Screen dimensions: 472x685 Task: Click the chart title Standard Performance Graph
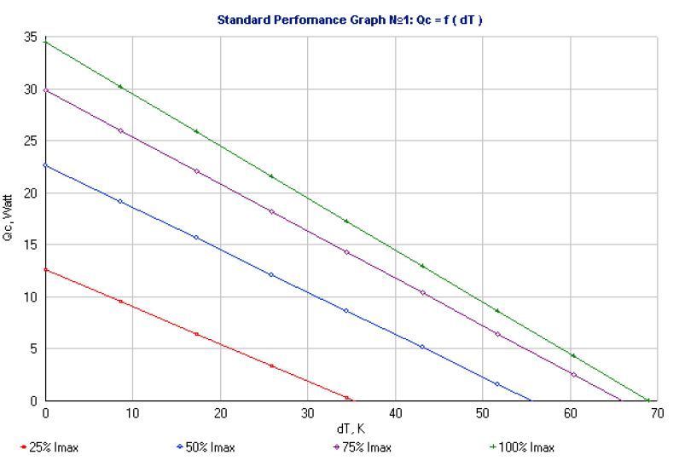pos(350,19)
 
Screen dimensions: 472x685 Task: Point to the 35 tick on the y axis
pos(31,37)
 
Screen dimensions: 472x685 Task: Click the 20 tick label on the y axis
pos(31,193)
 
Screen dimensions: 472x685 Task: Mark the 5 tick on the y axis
pos(34,348)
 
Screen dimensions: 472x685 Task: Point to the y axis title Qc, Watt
pos(10,219)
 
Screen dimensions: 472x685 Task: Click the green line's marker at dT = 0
pos(45,42)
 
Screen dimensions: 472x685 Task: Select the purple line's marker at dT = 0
pos(45,90)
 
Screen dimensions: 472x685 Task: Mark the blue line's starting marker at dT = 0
pos(45,165)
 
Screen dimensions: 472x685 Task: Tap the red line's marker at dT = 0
pos(45,270)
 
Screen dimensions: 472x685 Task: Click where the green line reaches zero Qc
pos(648,400)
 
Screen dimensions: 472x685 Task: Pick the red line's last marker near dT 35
pos(347,397)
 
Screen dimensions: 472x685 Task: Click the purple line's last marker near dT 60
pos(573,375)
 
